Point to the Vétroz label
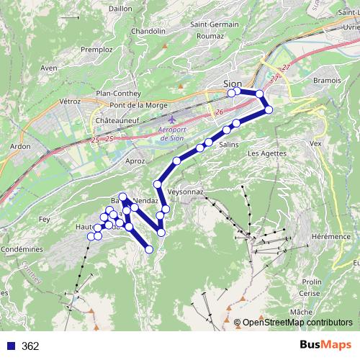pos(70,102)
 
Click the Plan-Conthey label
pos(117,93)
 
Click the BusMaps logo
pos(329,346)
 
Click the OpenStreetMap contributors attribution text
pos(297,323)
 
